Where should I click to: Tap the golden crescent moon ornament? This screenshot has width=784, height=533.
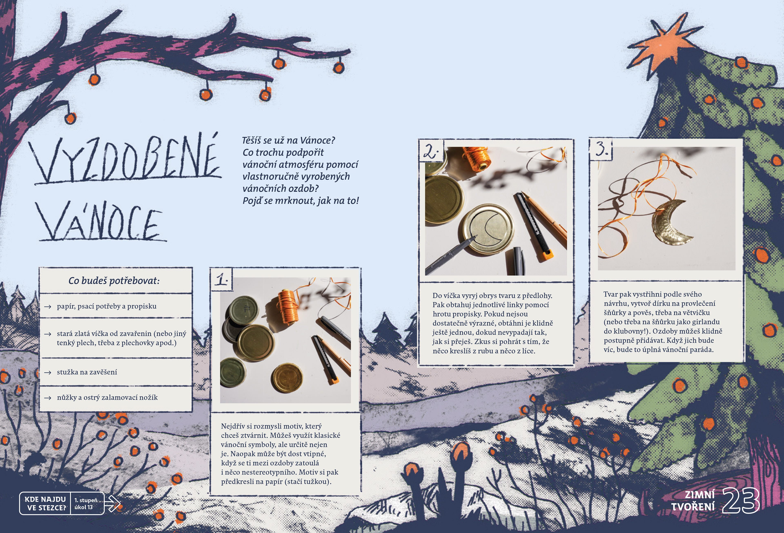[x=670, y=225]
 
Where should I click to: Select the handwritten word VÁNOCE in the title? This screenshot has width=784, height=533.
[x=101, y=221]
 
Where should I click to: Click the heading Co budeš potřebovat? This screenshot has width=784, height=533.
[x=114, y=281]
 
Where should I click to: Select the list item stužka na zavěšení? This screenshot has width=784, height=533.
[x=87, y=372]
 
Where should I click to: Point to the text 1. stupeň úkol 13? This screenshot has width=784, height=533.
[x=86, y=504]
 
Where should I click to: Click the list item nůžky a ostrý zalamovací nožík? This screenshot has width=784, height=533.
[x=107, y=398]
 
